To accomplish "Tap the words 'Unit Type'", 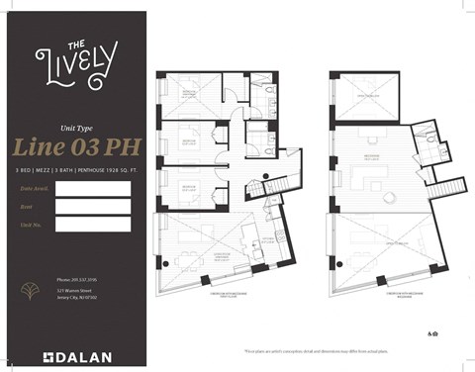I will pos(75,128).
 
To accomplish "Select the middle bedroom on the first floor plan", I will pos(189,142).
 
